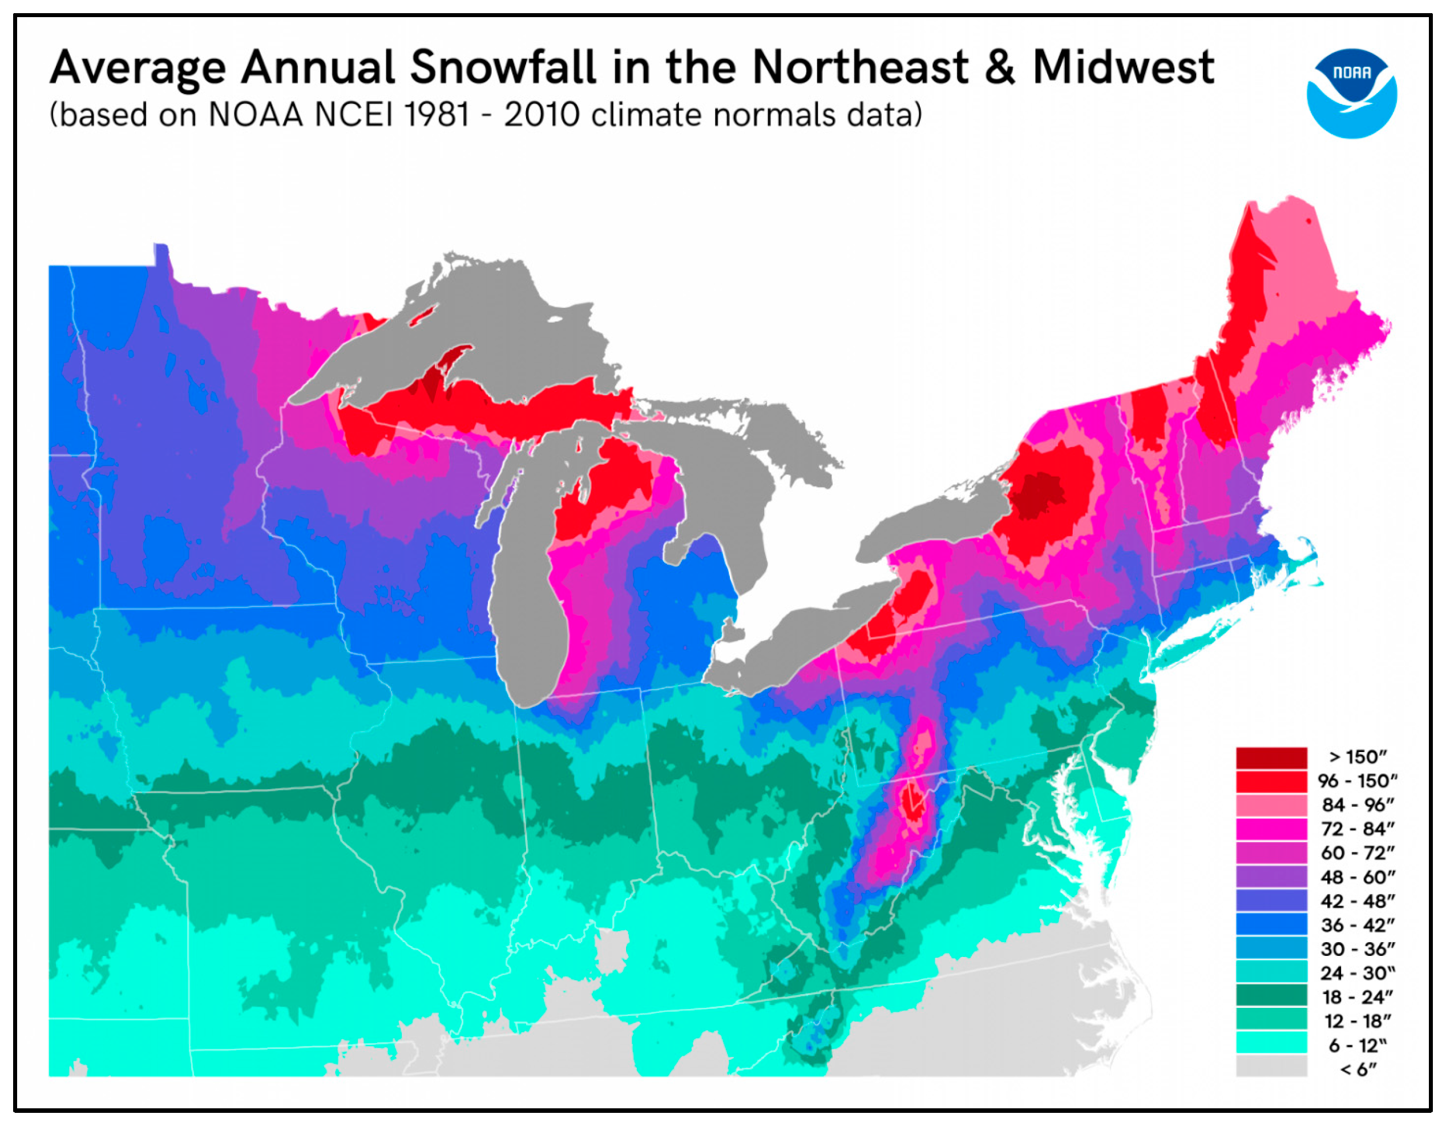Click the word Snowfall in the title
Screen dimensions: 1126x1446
[503, 67]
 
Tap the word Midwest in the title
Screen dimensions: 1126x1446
[1123, 67]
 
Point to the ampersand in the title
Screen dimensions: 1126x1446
[999, 67]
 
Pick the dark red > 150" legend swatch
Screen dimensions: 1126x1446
[1271, 758]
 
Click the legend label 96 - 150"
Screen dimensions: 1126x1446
[1358, 781]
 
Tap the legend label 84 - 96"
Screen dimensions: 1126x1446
[1358, 805]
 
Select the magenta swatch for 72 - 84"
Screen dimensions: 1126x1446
[1271, 829]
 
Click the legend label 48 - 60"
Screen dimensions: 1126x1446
[1358, 877]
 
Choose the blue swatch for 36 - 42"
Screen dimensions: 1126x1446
[1271, 924]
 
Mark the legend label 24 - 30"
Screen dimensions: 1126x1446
[1358, 973]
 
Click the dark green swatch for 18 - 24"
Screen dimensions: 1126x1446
[1271, 997]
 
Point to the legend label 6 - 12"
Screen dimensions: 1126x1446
[1358, 1045]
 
